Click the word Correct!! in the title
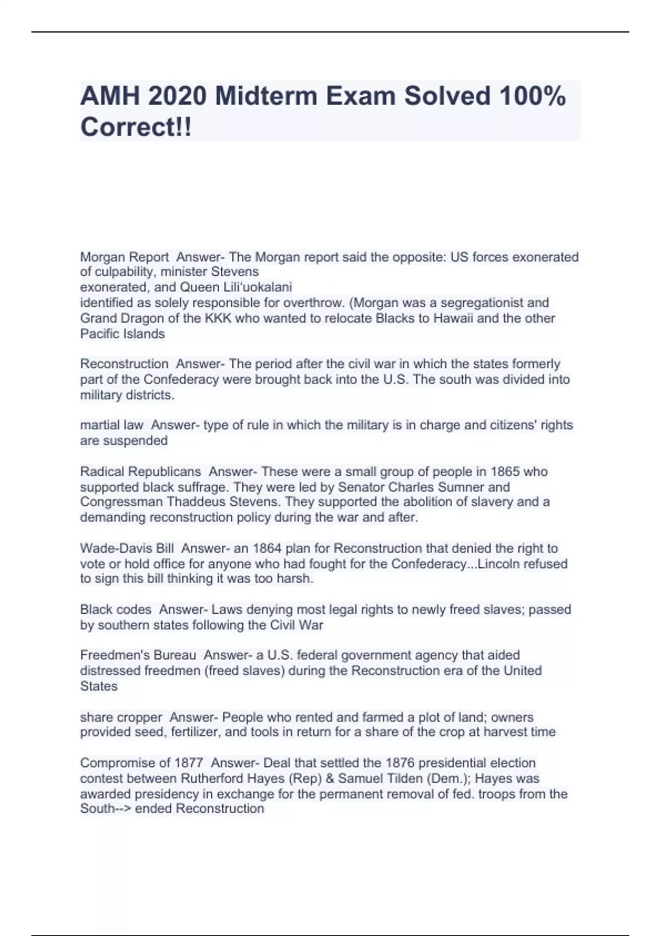click(136, 127)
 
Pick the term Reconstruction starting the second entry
click(124, 364)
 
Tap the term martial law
click(112, 425)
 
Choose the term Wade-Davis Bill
click(127, 548)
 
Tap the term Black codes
click(116, 610)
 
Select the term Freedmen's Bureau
click(138, 655)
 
